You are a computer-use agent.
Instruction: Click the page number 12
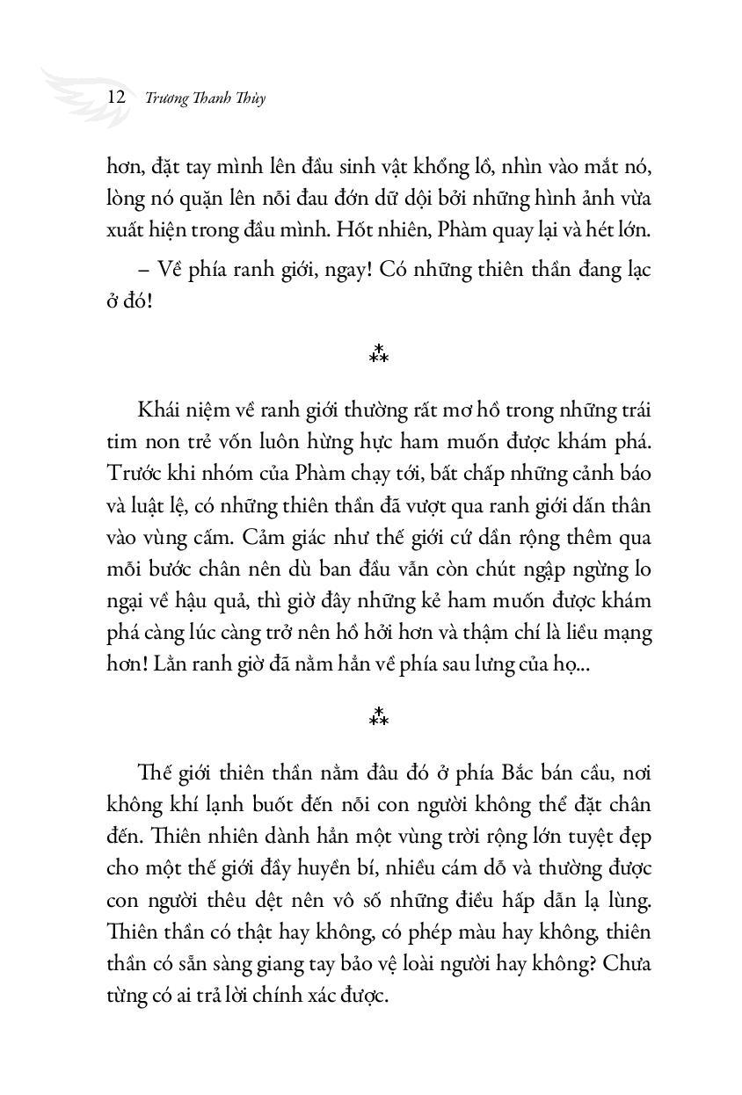[x=115, y=97]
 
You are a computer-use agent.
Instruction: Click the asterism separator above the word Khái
[x=379, y=354]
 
